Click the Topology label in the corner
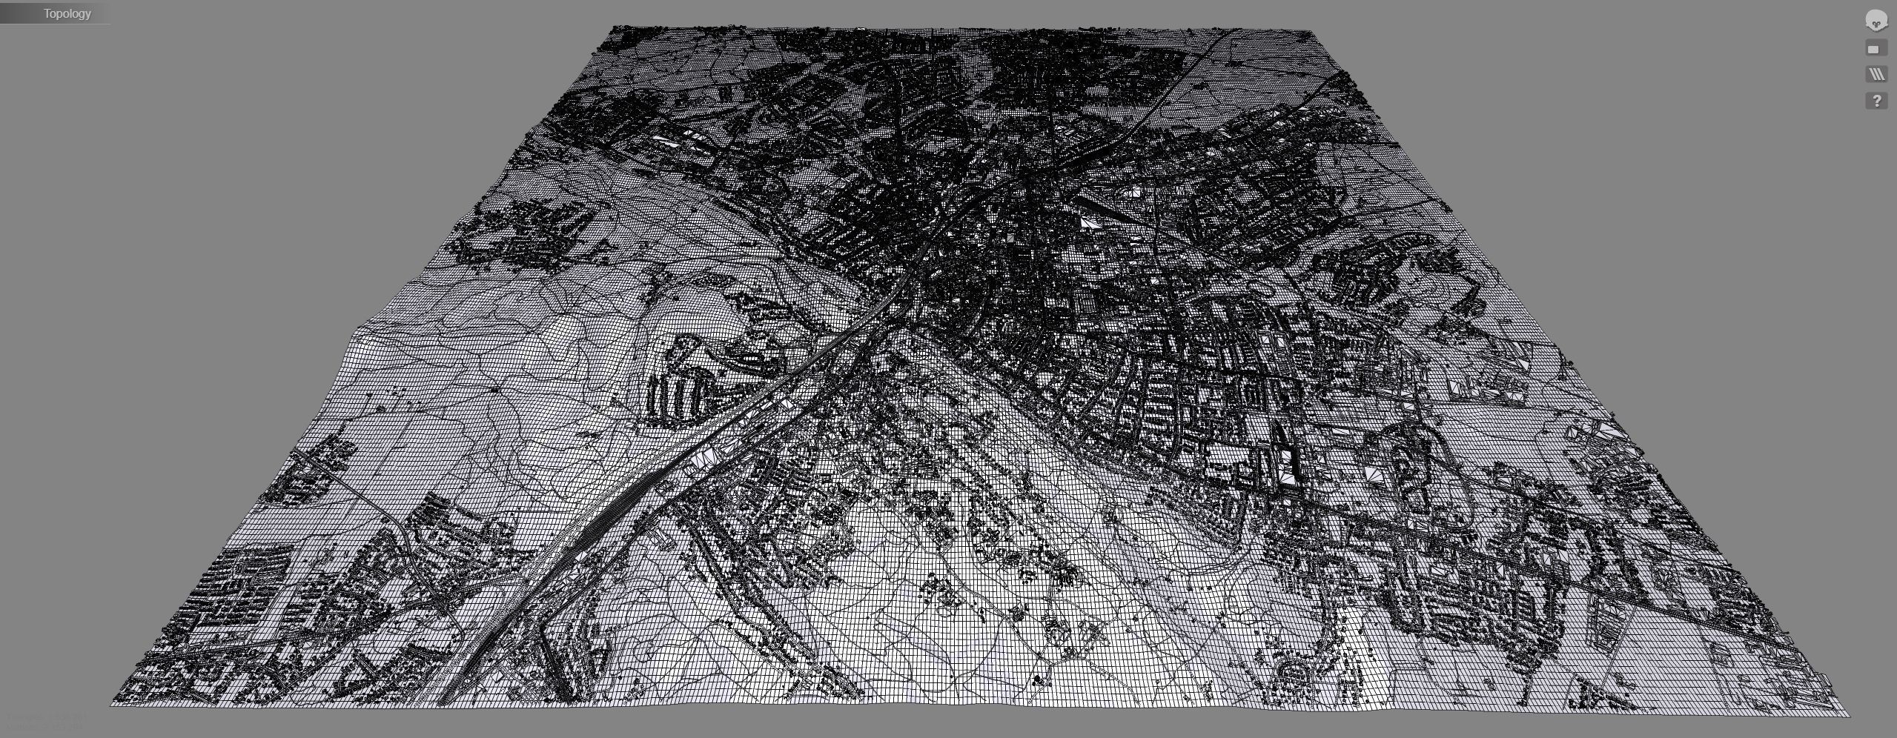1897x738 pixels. click(x=67, y=13)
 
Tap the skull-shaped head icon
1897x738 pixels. click(x=1876, y=21)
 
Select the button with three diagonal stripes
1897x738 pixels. click(x=1876, y=74)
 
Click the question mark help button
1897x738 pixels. click(x=1876, y=101)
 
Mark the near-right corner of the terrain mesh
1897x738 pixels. click(x=1848, y=715)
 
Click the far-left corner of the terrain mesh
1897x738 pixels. click(x=612, y=28)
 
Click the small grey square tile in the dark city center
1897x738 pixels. click(x=1010, y=237)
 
